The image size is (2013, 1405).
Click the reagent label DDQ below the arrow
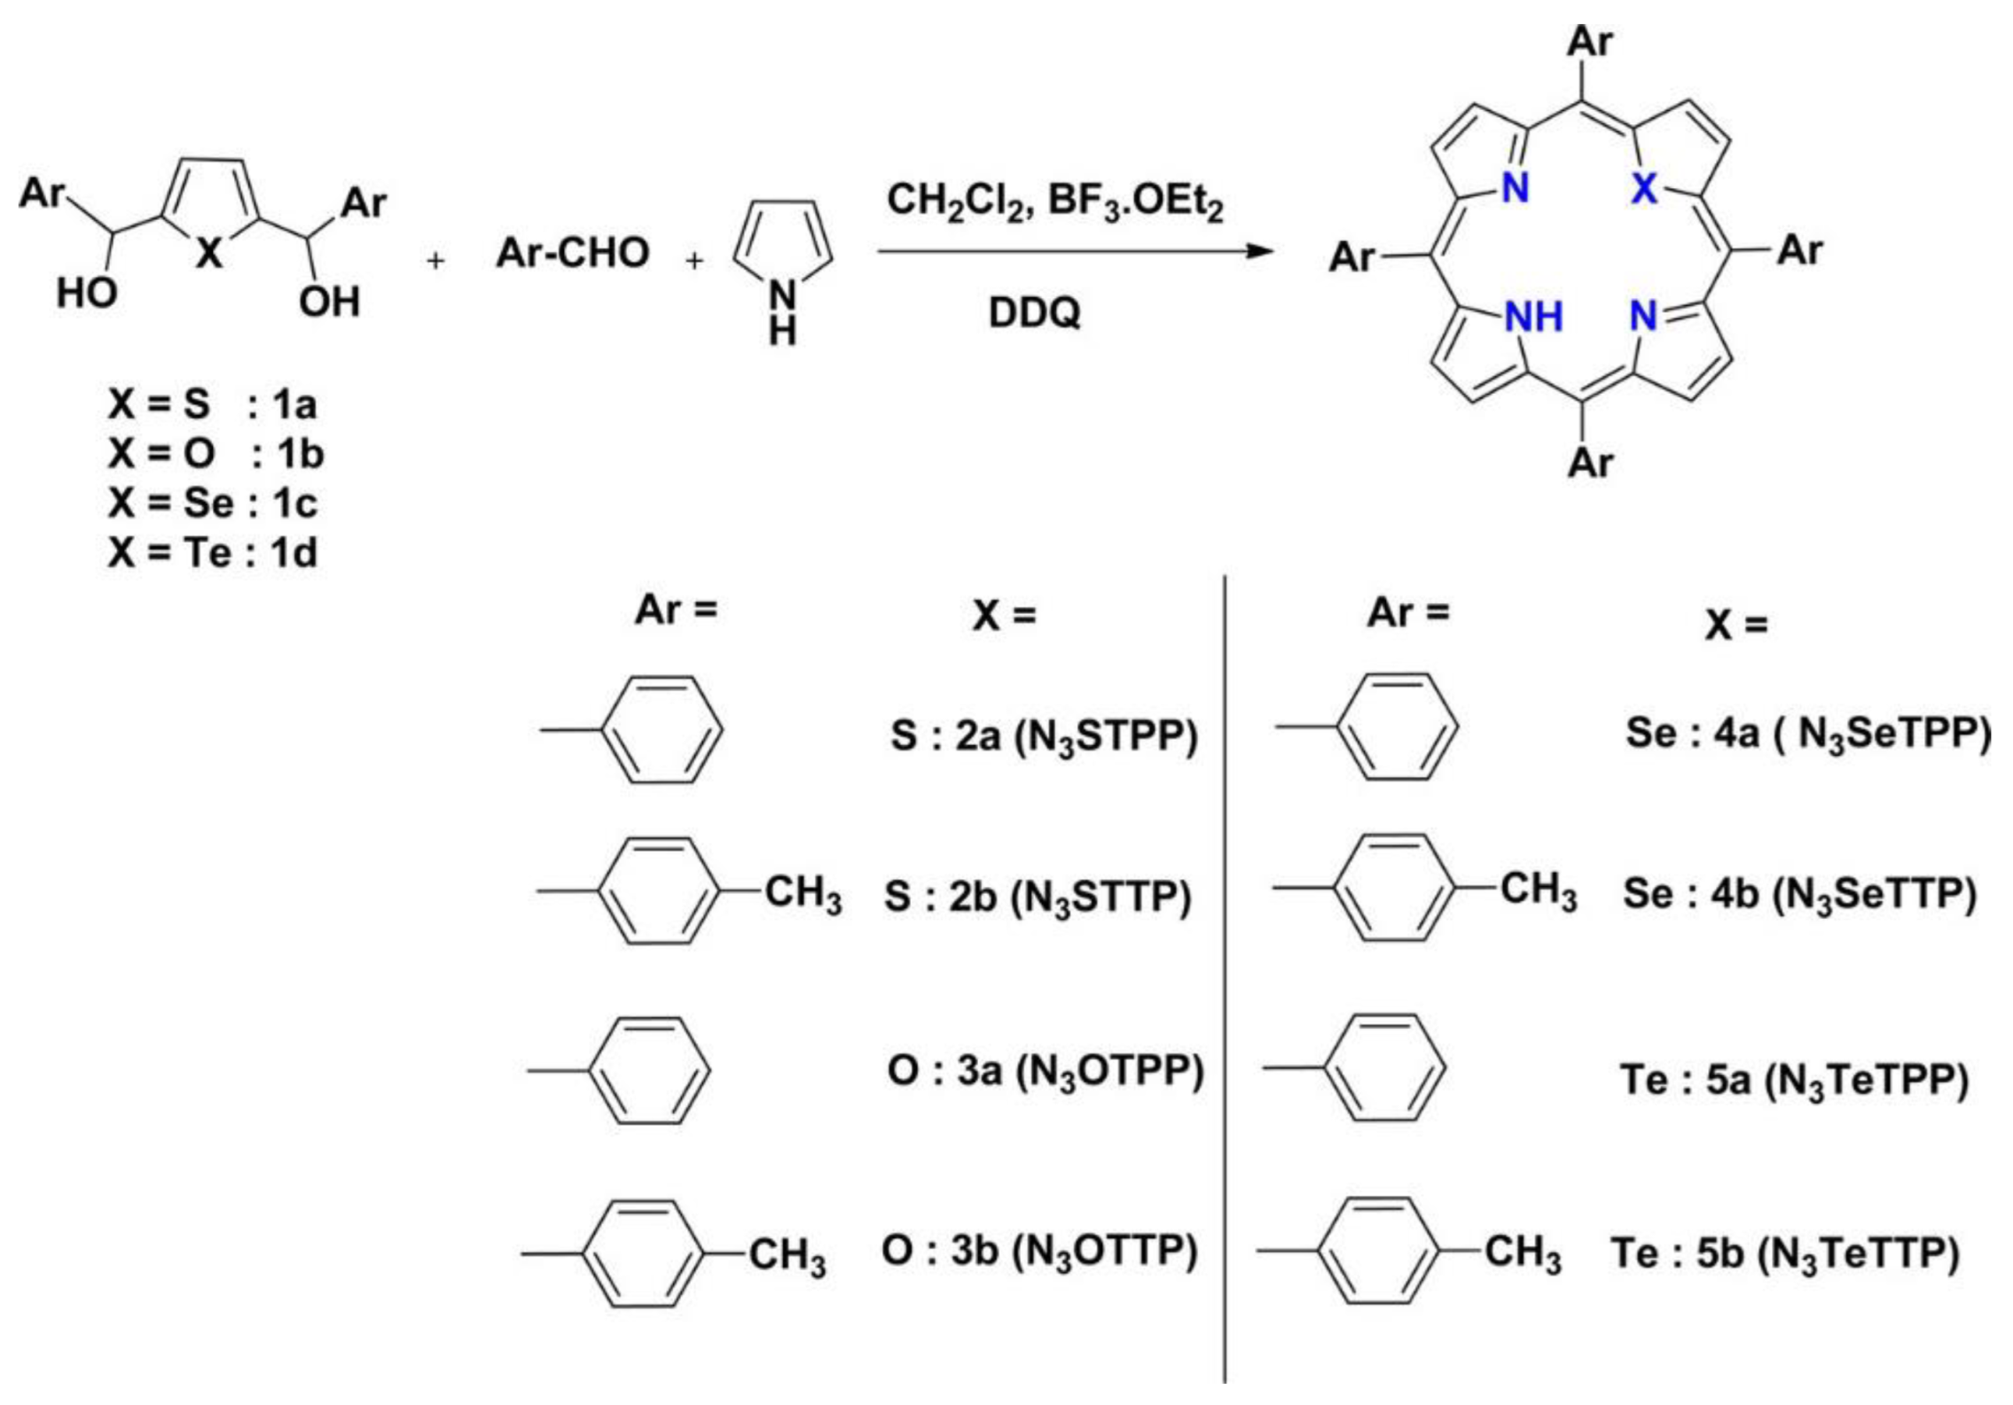coord(1034,313)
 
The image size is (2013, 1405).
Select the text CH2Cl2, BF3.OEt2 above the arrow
coord(1054,201)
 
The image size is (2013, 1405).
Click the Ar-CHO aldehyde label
coord(572,254)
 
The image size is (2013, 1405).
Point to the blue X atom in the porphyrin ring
coord(1643,188)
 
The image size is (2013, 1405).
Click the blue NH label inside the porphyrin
coord(1533,317)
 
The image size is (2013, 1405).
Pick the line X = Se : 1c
coord(213,504)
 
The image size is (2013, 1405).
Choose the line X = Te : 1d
coord(213,553)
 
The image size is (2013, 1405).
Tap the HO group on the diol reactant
coord(86,293)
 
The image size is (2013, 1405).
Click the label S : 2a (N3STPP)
coord(1044,736)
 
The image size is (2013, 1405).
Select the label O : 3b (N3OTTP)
coord(1038,1251)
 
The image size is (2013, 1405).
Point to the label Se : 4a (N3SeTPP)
coord(1807,734)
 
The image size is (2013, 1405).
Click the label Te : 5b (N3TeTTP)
coord(1784,1252)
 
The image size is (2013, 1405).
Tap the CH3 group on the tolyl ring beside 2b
coord(803,892)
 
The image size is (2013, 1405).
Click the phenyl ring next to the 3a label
coord(650,1071)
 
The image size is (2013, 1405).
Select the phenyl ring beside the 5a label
coord(1385,1068)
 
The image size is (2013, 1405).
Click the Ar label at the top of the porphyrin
coord(1590,42)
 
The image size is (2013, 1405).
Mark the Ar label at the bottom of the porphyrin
coord(1590,462)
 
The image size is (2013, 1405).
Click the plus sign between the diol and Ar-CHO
coord(435,261)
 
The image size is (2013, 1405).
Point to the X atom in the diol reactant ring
coord(209,255)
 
